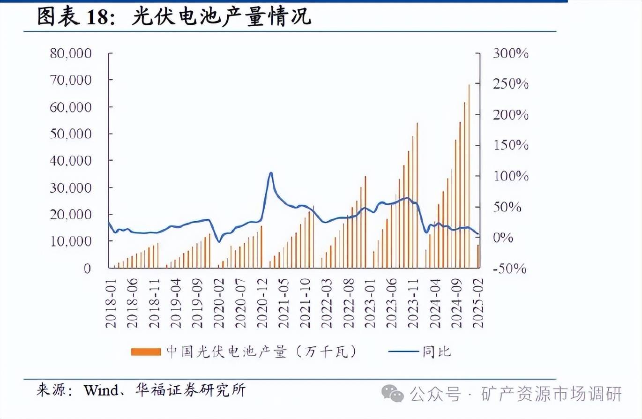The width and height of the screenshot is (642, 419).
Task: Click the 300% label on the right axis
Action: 511,53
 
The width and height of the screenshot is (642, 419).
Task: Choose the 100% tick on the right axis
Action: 511,177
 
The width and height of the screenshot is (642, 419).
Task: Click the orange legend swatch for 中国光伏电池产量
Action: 146,352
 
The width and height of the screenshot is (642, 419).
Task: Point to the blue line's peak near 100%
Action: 270,173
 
